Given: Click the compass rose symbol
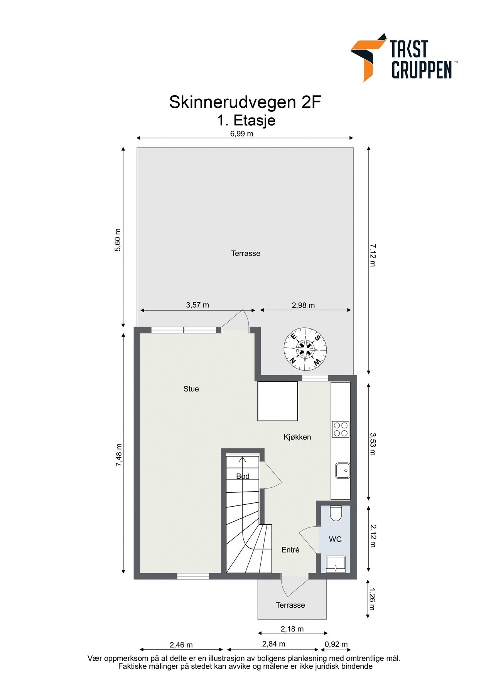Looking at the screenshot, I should tap(305, 349).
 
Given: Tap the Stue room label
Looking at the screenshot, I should tap(191, 389).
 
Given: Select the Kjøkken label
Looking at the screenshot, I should tap(297, 437).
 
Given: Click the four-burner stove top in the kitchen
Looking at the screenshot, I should tap(341, 429).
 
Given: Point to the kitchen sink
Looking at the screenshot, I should tap(343, 470).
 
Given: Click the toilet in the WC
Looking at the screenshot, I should tap(336, 513).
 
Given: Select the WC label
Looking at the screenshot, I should tap(335, 539).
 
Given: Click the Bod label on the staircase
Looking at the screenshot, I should tap(243, 476).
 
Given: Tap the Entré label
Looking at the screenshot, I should tap(290, 550).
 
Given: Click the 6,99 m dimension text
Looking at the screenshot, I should tap(241, 134).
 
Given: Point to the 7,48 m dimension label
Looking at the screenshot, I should tap(119, 455).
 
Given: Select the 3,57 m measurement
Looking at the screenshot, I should tap(197, 305).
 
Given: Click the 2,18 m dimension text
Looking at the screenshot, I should tap(292, 629).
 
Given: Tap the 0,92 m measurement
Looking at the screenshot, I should tap(336, 644).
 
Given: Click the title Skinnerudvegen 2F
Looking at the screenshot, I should tap(245, 103).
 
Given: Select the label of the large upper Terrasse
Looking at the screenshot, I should tap(245, 253).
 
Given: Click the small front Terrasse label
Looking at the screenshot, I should tap(290, 605).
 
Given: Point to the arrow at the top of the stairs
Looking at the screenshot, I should tap(243, 460).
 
